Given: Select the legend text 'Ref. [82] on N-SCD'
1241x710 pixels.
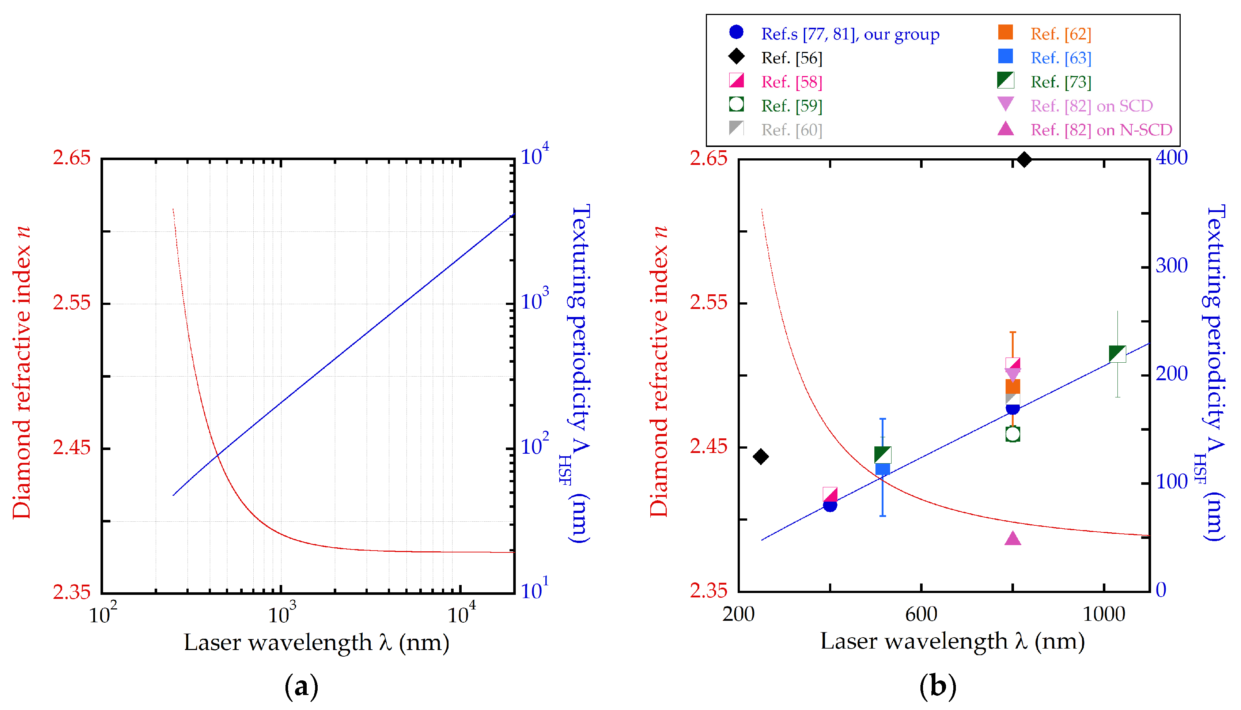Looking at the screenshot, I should pyautogui.click(x=1101, y=130).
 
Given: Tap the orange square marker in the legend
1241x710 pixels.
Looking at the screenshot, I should pyautogui.click(x=1005, y=32).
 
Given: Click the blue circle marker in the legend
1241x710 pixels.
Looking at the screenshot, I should pyautogui.click(x=736, y=32).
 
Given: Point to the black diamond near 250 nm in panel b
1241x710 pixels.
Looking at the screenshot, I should pyautogui.click(x=760, y=456).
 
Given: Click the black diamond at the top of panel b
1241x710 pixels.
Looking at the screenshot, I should pyautogui.click(x=1024, y=159).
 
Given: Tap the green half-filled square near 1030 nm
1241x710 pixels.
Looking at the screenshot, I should pyautogui.click(x=1117, y=354).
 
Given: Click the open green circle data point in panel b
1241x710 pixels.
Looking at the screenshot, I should pyautogui.click(x=1013, y=434).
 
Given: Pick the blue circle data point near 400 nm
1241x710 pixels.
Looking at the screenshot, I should pyautogui.click(x=830, y=505).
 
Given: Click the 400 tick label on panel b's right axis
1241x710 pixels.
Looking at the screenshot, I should pyautogui.click(x=1171, y=158).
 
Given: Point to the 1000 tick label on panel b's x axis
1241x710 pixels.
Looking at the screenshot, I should pyautogui.click(x=1104, y=614).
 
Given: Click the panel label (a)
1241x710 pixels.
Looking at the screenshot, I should pyautogui.click(x=301, y=687).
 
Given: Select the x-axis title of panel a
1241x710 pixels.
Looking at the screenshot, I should pyautogui.click(x=316, y=642).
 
